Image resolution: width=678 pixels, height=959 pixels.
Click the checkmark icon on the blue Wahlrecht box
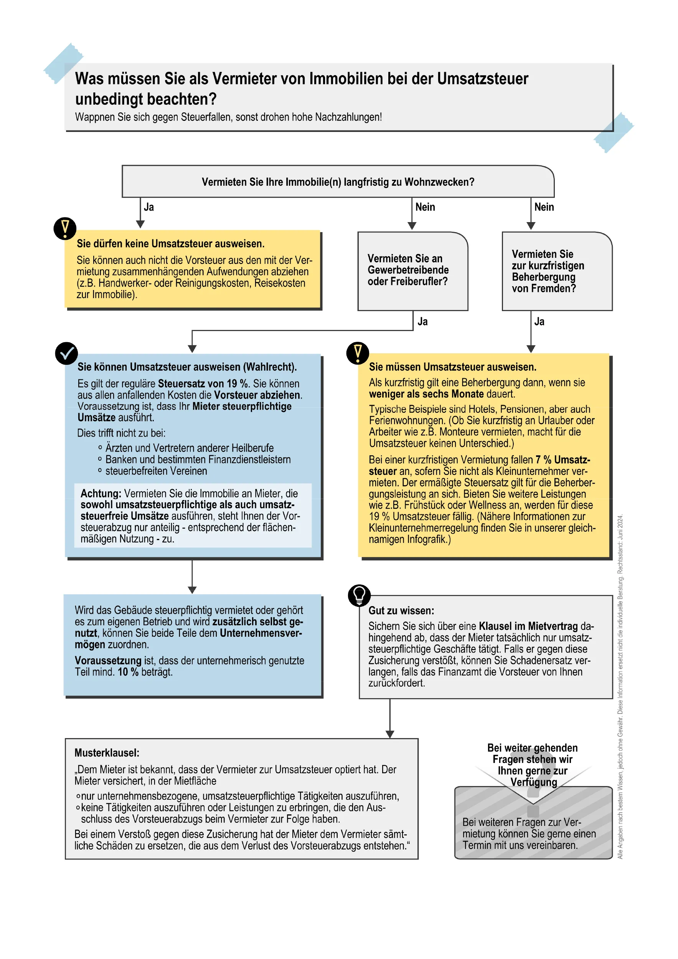tap(66, 353)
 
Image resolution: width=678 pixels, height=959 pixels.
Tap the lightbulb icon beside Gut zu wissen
tap(359, 595)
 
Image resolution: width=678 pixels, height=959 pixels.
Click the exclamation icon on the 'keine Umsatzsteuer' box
tap(65, 229)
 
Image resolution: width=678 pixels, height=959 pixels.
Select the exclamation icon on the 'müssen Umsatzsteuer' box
tap(358, 353)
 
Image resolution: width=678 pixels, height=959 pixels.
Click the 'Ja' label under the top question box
tap(149, 207)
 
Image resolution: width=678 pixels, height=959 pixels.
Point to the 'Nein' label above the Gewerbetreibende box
tap(425, 207)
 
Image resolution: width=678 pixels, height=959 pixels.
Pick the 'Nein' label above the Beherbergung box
tap(544, 207)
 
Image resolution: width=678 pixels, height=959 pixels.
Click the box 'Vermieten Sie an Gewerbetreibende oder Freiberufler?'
tap(412, 271)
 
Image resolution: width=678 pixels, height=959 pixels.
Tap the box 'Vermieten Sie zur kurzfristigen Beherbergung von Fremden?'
tap(556, 271)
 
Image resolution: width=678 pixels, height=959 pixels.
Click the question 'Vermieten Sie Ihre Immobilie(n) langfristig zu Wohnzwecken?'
tap(338, 182)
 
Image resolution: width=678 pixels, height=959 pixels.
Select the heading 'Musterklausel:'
tap(107, 753)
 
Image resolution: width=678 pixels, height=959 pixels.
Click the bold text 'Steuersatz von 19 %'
tap(203, 384)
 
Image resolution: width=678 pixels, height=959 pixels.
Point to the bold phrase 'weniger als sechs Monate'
tap(426, 394)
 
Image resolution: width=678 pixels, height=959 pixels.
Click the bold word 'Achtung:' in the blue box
tap(101, 493)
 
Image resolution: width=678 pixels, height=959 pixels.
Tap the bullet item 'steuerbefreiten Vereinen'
tap(156, 471)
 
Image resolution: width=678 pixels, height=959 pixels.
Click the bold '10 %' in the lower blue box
tap(128, 672)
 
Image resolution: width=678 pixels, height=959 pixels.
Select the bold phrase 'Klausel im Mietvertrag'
tap(528, 626)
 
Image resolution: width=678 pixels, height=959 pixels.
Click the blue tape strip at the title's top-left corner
tap(63, 63)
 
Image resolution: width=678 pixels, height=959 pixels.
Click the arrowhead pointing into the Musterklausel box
tap(390, 734)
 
